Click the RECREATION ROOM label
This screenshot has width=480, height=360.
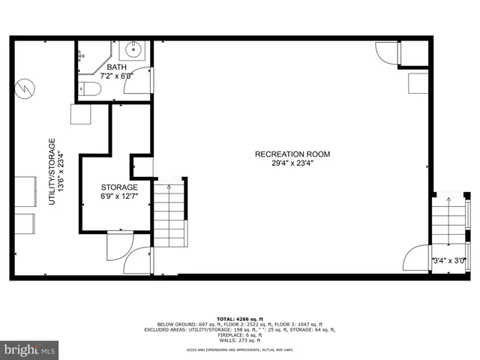(292, 154)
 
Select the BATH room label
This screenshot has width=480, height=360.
(116, 67)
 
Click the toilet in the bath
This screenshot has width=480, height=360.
(89, 90)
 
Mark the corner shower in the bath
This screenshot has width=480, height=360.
(93, 58)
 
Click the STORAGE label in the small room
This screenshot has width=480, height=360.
(119, 187)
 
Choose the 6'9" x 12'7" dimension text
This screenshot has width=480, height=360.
(119, 196)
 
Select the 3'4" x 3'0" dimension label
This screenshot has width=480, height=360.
(450, 261)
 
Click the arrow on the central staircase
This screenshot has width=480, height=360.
(169, 187)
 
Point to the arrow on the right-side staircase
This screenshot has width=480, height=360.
(448, 201)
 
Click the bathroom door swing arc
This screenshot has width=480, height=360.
(140, 80)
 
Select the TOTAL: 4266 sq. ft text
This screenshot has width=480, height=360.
(240, 319)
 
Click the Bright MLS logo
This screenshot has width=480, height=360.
(30, 349)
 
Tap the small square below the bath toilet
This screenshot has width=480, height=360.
(81, 114)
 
